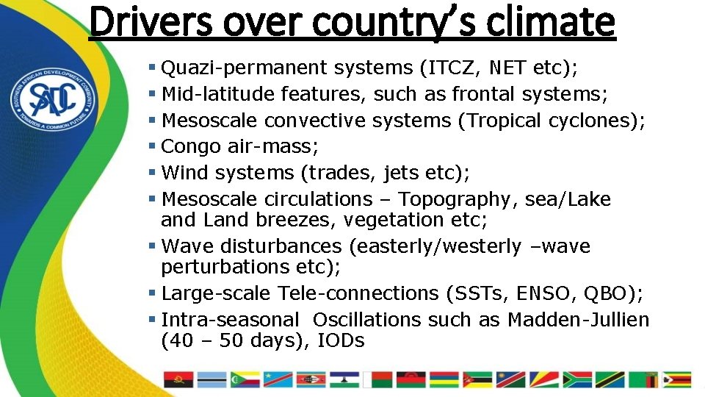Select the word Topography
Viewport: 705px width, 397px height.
[x=454, y=199]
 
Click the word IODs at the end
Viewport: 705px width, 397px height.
[x=341, y=340]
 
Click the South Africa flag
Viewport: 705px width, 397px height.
[x=577, y=379]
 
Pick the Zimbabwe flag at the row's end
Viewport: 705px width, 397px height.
[x=676, y=379]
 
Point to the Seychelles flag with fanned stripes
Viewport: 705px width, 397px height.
[x=544, y=379]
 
